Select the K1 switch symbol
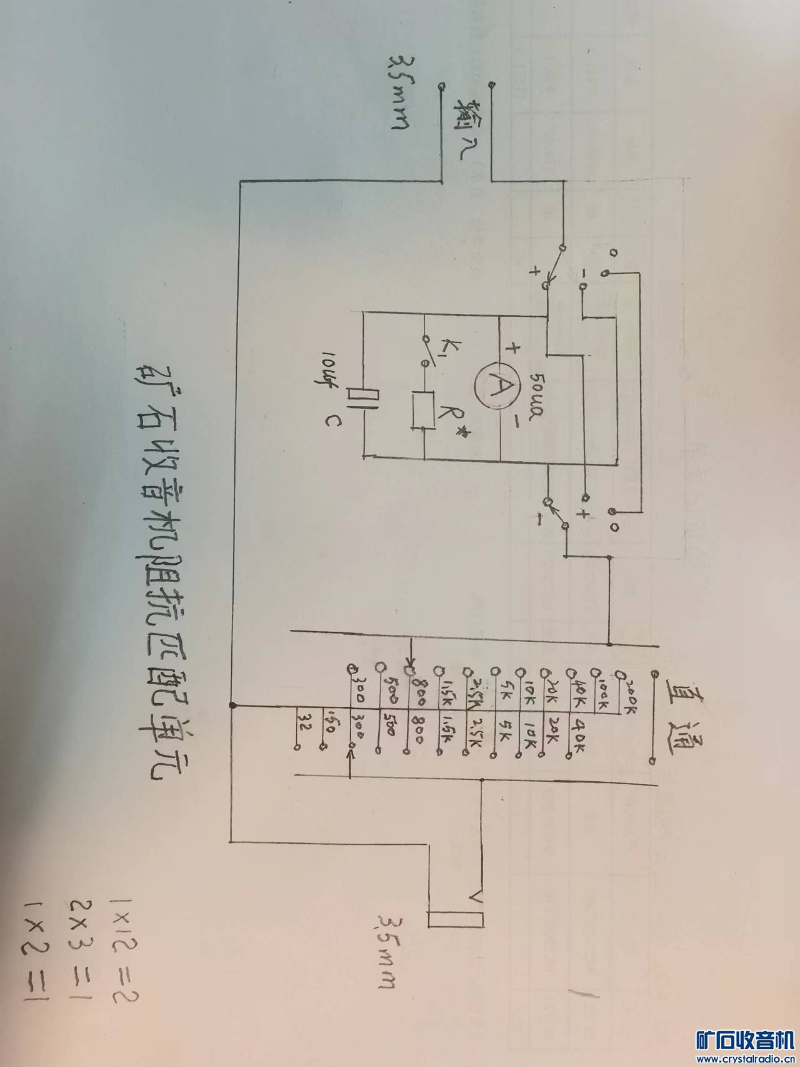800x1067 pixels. (426, 351)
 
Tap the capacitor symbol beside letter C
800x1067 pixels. (363, 398)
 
